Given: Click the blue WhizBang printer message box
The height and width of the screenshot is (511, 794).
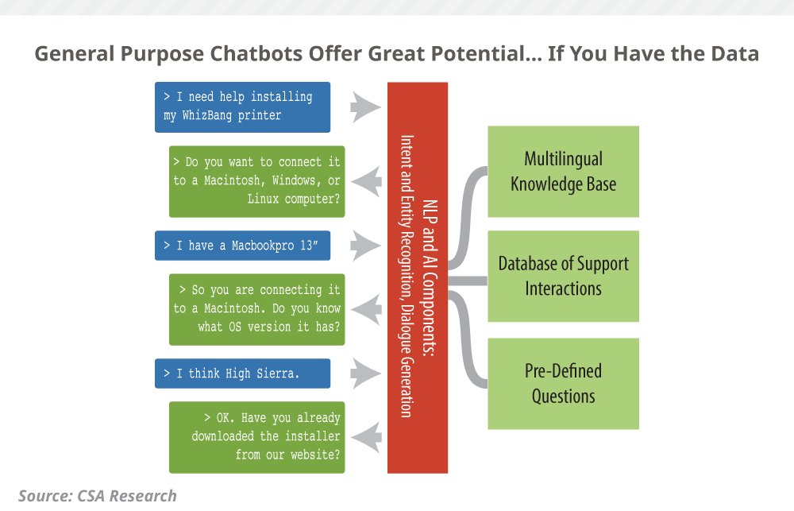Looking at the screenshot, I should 242,106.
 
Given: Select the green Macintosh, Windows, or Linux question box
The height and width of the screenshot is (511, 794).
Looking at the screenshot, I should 257,181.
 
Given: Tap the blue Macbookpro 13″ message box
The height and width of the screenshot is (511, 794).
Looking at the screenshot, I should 242,246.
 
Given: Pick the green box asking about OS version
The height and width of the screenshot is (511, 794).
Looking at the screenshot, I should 257,309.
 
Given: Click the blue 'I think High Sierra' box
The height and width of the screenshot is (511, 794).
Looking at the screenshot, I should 242,373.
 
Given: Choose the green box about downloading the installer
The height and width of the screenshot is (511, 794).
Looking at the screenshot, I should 257,436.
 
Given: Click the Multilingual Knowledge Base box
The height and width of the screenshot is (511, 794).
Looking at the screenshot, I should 563,172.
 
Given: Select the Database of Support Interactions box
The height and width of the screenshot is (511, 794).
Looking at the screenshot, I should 563,276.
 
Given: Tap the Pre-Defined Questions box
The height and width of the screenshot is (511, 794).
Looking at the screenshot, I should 563,384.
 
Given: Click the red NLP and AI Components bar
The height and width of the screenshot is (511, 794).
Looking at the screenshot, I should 418,277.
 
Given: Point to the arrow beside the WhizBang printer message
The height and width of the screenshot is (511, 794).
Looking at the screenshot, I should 366,106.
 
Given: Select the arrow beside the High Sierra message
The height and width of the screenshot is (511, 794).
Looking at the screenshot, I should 366,373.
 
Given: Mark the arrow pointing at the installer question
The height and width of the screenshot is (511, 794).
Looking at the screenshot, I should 366,436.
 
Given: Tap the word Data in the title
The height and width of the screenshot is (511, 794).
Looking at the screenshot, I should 731,55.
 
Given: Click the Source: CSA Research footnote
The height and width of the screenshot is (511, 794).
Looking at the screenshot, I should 98,496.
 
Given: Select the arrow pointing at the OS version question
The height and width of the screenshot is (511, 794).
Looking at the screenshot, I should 366,309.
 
